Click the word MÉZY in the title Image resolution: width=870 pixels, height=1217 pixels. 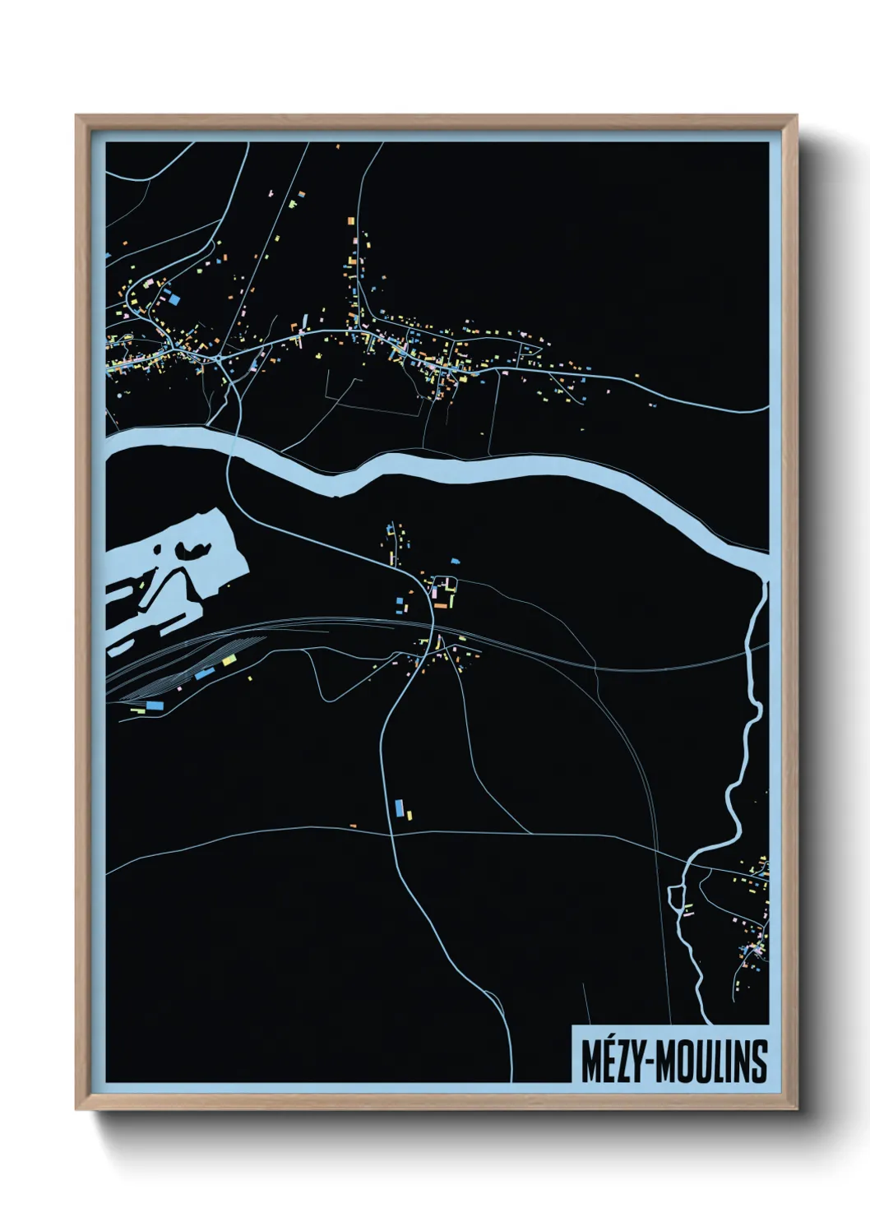point(611,1062)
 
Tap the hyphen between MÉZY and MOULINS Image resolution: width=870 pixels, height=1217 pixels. point(649,1063)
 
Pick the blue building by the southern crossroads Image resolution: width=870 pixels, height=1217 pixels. point(400,807)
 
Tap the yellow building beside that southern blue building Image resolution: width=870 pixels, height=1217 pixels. point(409,815)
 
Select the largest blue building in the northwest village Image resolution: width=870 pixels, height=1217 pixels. point(174,300)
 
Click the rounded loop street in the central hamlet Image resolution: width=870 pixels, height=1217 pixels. point(445,588)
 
